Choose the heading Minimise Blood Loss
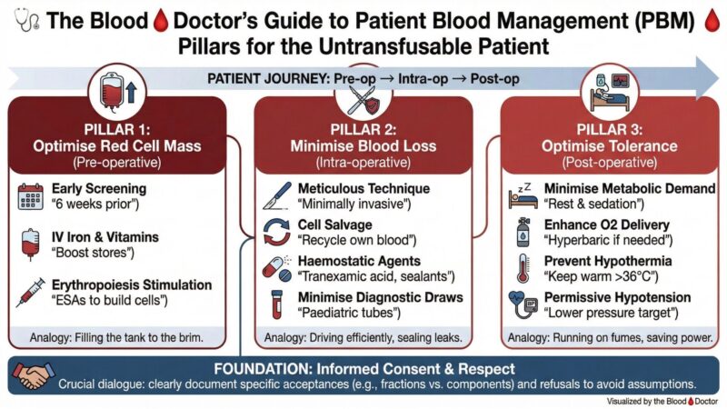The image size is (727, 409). coord(363,146)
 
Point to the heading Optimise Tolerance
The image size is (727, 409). coord(608,146)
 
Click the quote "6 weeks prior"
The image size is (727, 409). coord(92,206)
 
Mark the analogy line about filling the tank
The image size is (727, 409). coord(121,338)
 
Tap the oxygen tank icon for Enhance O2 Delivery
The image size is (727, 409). coord(522,230)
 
